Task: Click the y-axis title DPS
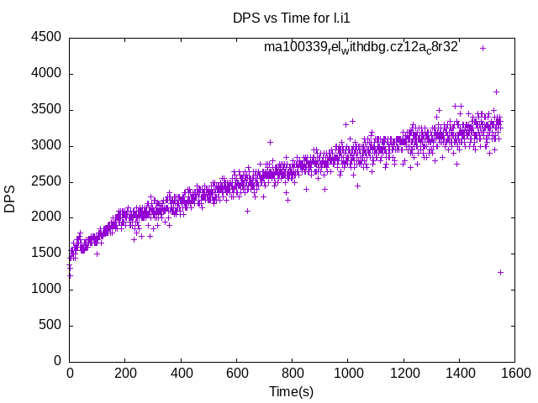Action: coord(10,199)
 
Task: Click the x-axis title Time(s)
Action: coord(291,391)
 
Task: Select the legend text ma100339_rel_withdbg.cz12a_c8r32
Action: coord(361,47)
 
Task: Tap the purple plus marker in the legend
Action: coord(483,48)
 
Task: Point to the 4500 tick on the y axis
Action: coord(45,38)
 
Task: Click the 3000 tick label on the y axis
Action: coord(45,145)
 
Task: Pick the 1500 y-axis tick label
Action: coord(45,254)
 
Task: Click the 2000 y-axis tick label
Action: coord(45,217)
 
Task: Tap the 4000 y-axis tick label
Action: coord(45,74)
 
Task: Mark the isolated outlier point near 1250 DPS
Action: coord(500,272)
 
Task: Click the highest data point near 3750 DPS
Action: coord(496,92)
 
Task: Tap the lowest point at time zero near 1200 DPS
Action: coord(70,275)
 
